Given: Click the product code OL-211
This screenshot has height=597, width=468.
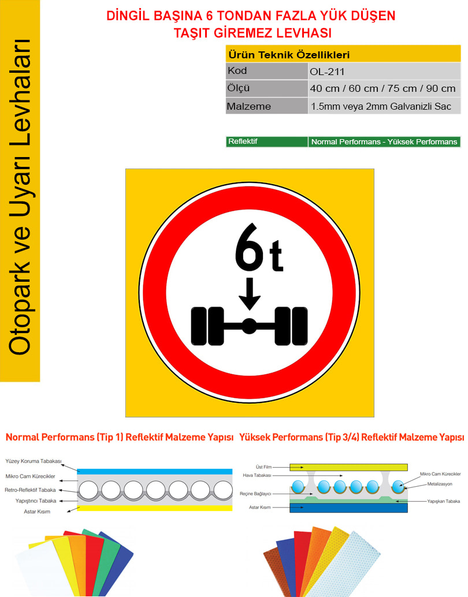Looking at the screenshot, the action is (x=327, y=72).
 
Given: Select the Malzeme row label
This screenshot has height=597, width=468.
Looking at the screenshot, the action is (x=248, y=106).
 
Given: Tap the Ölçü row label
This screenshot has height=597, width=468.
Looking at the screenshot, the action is (x=238, y=88).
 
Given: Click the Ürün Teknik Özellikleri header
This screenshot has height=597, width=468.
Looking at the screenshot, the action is (x=289, y=55).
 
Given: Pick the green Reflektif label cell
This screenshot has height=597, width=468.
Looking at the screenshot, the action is (x=267, y=141).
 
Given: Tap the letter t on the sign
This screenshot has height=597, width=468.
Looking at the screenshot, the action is (x=276, y=255).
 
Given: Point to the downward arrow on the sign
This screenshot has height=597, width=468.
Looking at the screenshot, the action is (x=250, y=293).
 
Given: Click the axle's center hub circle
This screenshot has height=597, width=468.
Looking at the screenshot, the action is (x=249, y=326).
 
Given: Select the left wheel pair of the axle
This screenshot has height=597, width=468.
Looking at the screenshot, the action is (x=207, y=326).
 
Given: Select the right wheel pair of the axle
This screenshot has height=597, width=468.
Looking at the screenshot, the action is (x=291, y=326).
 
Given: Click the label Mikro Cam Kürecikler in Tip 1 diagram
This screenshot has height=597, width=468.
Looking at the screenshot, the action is (x=30, y=476).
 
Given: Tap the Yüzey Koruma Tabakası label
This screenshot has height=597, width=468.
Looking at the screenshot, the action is (x=33, y=461).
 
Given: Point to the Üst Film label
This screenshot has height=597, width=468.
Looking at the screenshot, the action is (x=263, y=467).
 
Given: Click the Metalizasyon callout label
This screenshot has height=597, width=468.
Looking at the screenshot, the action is (x=440, y=484).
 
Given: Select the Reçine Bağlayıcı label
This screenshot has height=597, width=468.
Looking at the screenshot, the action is (x=255, y=494).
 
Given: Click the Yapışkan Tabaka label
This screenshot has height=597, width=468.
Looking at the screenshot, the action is (x=443, y=501).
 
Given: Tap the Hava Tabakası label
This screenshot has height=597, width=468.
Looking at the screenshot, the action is (x=257, y=475).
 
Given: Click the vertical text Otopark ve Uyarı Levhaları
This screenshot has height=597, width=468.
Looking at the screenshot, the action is (x=20, y=197).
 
